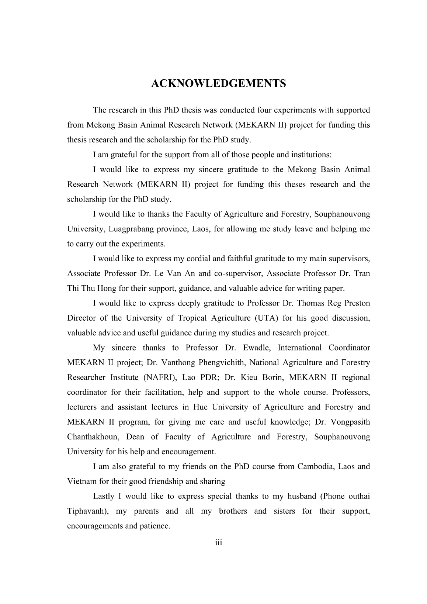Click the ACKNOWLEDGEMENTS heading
pos(218,84)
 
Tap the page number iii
pos(218,543)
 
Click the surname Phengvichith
pos(221,363)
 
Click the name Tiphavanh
pos(85,511)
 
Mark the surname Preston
pos(357,303)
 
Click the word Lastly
pos(104,496)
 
